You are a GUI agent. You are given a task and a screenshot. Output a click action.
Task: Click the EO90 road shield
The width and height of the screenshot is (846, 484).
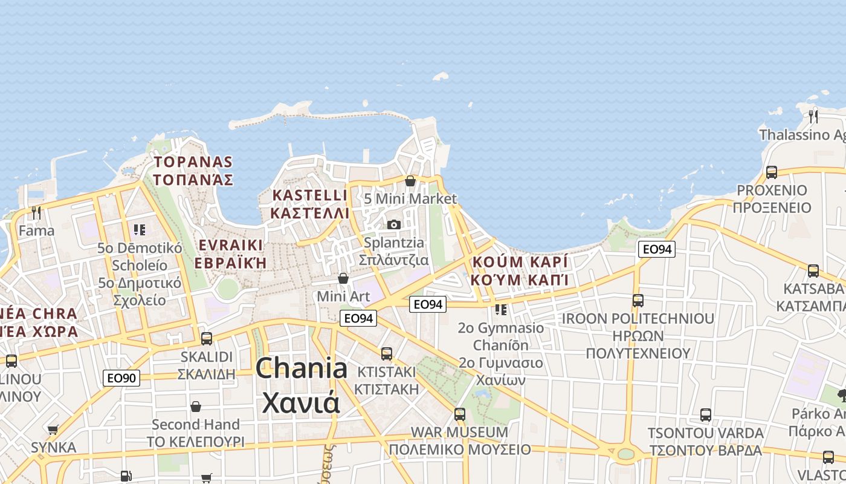pyautogui.click(x=121, y=378)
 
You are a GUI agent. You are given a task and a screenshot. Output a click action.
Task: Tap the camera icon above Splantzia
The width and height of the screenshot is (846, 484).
pyautogui.click(x=394, y=224)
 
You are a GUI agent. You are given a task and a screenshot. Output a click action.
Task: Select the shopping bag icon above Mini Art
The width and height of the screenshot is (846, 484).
pyautogui.click(x=343, y=278)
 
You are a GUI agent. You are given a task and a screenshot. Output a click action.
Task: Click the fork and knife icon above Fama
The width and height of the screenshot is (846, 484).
pyautogui.click(x=36, y=212)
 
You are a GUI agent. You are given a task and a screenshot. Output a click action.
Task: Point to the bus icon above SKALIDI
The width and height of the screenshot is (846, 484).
pyautogui.click(x=207, y=338)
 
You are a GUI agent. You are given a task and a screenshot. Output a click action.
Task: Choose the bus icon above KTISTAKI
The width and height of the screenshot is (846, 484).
pyautogui.click(x=387, y=353)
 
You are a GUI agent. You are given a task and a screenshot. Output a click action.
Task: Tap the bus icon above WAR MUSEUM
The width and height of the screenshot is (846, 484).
pyautogui.click(x=460, y=414)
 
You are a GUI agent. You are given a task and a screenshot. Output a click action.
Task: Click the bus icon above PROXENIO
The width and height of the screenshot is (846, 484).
pyautogui.click(x=772, y=172)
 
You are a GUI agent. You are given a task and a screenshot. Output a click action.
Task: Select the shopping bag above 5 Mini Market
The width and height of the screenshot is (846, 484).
pyautogui.click(x=410, y=180)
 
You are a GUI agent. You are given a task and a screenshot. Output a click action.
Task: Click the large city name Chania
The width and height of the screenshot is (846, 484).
pyautogui.click(x=302, y=368)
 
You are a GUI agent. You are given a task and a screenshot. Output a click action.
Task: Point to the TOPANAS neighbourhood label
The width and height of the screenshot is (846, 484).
pyautogui.click(x=193, y=162)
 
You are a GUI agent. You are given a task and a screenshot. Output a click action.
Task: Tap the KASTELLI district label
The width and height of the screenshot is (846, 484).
pyautogui.click(x=310, y=195)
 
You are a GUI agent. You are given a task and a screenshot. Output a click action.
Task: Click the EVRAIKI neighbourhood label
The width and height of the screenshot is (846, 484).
pyautogui.click(x=230, y=245)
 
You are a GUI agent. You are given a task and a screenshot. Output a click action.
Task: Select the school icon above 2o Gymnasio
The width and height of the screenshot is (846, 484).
pyautogui.click(x=501, y=310)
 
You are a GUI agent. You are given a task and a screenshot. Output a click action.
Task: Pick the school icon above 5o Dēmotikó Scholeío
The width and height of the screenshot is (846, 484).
pyautogui.click(x=140, y=230)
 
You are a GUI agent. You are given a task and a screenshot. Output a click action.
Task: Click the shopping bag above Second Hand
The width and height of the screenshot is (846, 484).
pyautogui.click(x=195, y=406)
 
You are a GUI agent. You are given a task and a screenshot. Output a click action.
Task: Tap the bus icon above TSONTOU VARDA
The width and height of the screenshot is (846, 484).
pyautogui.click(x=705, y=415)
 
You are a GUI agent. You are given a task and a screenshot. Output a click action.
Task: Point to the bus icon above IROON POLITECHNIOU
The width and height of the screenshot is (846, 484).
pyautogui.click(x=638, y=300)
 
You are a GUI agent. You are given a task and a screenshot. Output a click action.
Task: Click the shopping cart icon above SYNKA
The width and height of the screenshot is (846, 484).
pyautogui.click(x=53, y=430)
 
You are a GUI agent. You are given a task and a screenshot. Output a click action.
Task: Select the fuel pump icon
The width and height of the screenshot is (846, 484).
pyautogui.click(x=125, y=476)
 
